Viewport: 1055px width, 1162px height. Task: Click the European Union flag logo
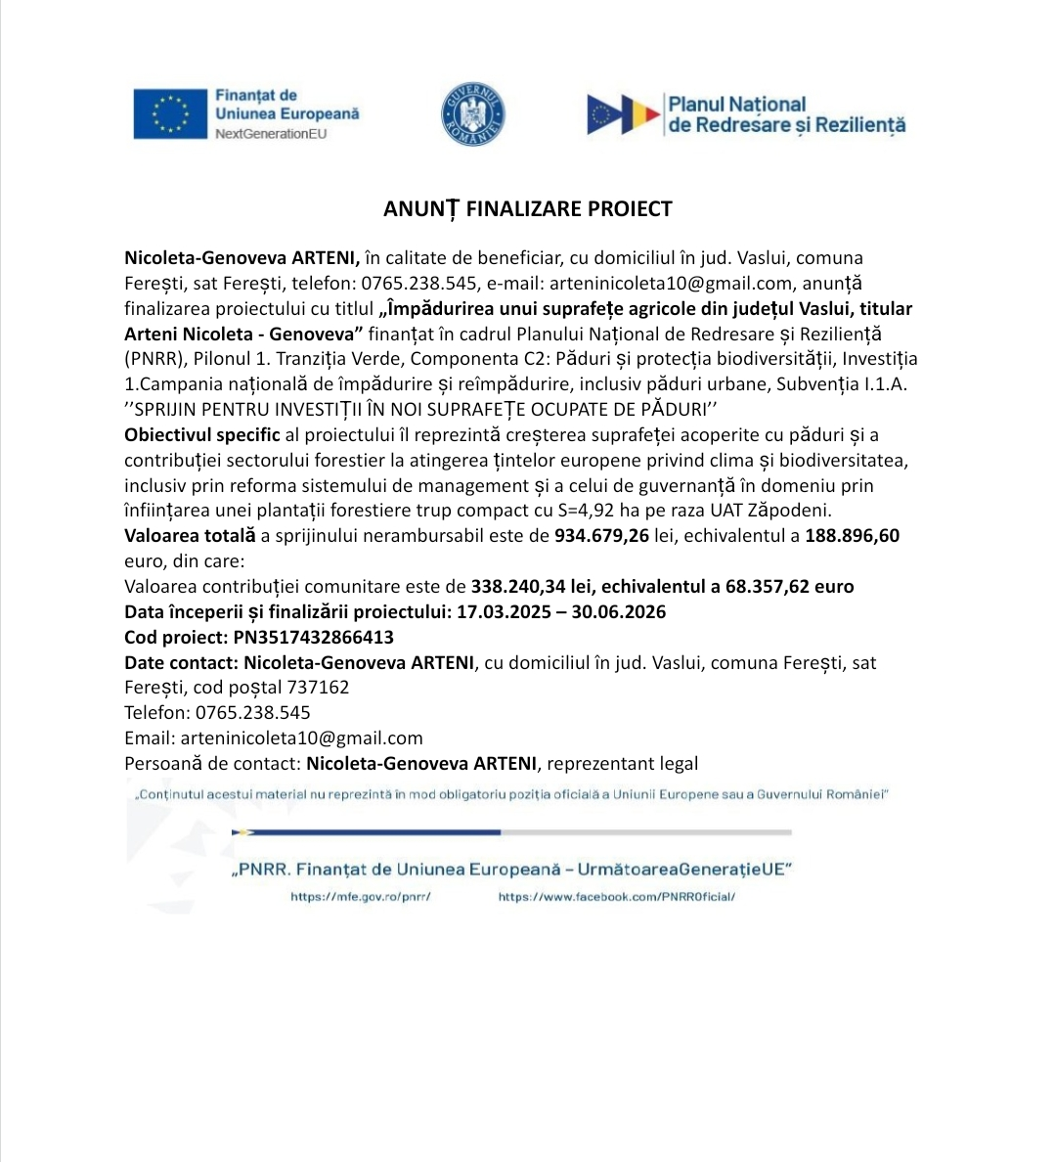(170, 112)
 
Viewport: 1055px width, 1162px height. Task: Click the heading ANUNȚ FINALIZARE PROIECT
(527, 208)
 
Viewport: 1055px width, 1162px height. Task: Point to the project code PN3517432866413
(313, 638)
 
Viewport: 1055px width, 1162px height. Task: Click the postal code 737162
(318, 688)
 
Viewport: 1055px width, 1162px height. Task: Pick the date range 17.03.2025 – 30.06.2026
(561, 612)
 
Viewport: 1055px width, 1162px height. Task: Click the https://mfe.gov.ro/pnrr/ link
(361, 896)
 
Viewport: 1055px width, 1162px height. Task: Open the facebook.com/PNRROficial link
(616, 896)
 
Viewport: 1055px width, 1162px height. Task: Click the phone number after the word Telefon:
(253, 713)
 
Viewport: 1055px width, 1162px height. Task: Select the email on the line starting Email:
(301, 738)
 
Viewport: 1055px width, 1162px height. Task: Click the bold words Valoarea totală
(190, 536)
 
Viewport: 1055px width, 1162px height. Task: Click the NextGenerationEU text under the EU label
(271, 133)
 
